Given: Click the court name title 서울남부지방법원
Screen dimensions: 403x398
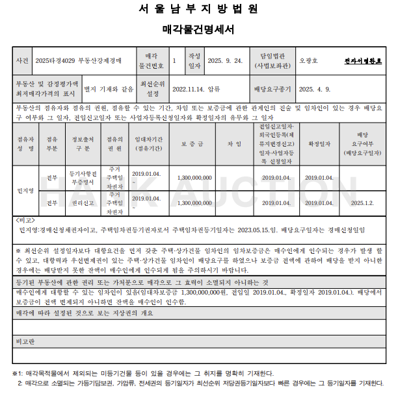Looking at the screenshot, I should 198,9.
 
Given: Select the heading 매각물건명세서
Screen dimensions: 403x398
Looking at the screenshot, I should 198,29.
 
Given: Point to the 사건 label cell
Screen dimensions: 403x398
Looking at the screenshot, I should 22,60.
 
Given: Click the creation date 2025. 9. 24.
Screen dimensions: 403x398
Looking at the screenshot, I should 225,60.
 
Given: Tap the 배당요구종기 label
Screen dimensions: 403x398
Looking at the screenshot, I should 272,88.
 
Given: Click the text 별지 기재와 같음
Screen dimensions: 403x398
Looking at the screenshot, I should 109,88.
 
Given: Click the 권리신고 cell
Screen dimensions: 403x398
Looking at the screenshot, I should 83,202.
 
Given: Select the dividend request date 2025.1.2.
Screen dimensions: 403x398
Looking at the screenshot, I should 363,202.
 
